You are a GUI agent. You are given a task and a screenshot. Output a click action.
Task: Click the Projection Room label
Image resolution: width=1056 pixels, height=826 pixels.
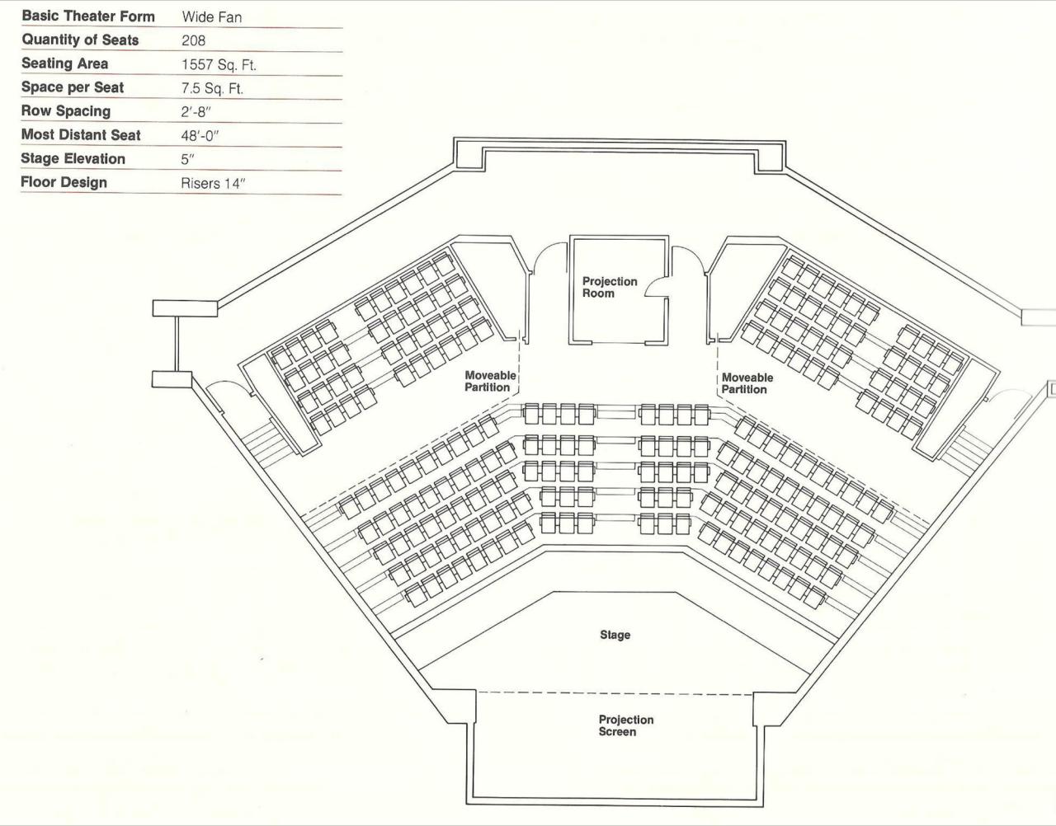(610, 287)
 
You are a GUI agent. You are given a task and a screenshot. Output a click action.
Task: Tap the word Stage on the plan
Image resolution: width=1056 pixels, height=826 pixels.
(615, 635)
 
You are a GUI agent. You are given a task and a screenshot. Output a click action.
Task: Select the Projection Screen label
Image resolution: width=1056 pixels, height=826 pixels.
(625, 725)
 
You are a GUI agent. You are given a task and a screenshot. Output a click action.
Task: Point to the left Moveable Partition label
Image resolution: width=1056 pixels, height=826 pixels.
(490, 381)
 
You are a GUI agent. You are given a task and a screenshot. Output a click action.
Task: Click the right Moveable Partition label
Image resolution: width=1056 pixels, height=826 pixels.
(747, 383)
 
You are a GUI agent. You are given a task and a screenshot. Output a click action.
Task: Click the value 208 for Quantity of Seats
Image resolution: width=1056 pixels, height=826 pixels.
(193, 40)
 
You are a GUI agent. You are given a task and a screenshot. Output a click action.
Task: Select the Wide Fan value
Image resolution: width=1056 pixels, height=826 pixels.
(212, 16)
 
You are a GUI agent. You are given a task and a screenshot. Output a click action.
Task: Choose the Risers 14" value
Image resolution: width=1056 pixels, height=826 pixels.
(213, 183)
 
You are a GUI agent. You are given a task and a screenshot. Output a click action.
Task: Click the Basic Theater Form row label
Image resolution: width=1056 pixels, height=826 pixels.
(88, 16)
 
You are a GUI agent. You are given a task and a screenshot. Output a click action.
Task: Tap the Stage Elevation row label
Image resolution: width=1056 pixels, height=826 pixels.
(73, 158)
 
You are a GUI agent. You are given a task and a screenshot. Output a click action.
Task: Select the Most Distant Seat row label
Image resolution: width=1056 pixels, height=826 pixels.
(81, 134)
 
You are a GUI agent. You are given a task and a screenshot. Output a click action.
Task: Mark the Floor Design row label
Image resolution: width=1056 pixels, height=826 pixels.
(64, 182)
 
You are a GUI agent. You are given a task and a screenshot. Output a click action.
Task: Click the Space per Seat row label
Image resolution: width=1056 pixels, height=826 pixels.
(73, 87)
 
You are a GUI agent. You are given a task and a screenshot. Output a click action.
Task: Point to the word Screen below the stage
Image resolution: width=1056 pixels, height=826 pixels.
(617, 732)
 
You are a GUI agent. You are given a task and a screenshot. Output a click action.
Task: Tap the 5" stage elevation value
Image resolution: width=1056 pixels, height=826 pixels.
(186, 159)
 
